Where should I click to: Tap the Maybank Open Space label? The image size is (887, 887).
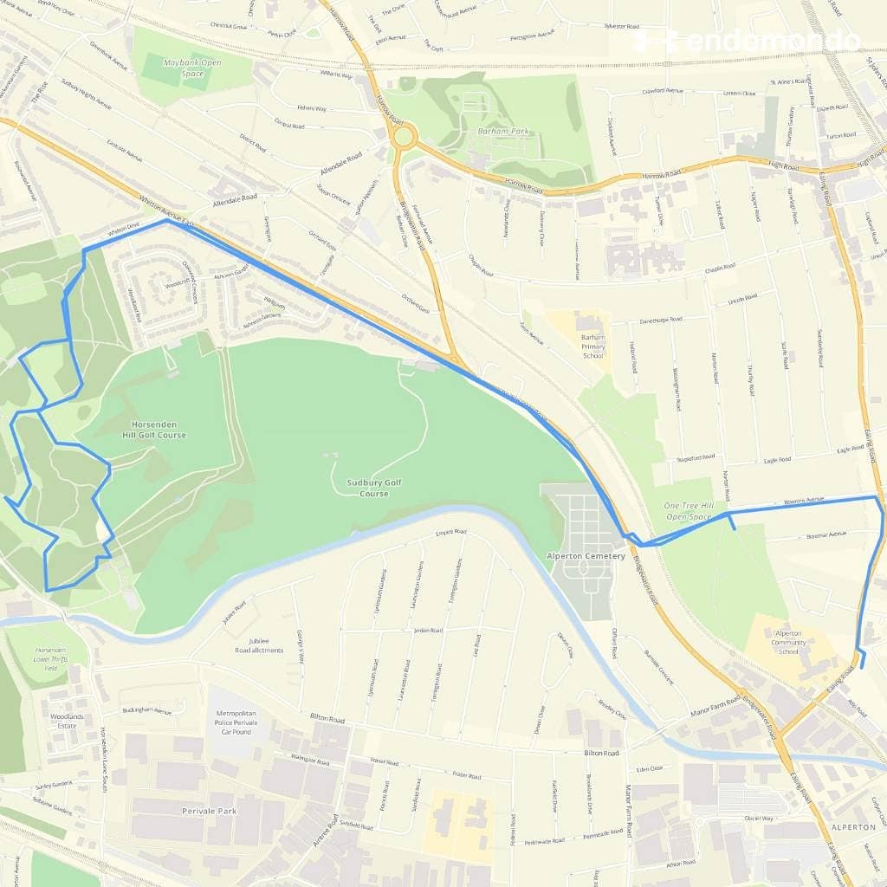[181, 68]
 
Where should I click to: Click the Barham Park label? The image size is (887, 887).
[502, 132]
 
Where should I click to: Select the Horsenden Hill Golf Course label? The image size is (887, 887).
[159, 429]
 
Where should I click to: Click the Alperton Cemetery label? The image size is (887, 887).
[586, 555]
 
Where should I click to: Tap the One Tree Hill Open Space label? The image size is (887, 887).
[689, 511]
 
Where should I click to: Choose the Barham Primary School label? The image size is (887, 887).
[592, 346]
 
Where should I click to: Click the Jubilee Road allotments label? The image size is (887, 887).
[258, 645]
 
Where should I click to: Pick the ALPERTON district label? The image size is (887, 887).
[853, 827]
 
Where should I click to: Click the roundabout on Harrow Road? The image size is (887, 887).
[402, 136]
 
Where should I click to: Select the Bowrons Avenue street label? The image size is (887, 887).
[803, 501]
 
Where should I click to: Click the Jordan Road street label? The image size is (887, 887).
[427, 630]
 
